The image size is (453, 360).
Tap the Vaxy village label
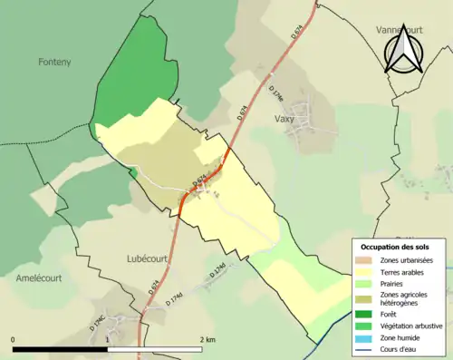[284, 117]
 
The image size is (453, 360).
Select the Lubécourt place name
[140, 258]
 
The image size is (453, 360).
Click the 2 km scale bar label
[208, 339]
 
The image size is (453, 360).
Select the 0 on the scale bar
[14, 339]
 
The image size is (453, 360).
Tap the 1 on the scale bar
[108, 339]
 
